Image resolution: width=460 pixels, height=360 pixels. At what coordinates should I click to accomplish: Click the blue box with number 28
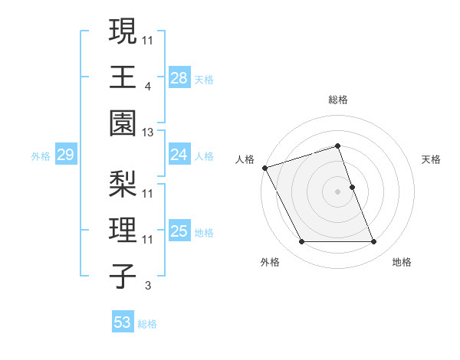pos(179,77)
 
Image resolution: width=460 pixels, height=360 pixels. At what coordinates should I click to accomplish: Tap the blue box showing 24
pos(179,155)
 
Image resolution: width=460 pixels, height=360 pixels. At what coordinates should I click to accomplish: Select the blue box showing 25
pos(179,231)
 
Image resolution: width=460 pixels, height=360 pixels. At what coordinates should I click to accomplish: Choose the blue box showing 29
pos(65,155)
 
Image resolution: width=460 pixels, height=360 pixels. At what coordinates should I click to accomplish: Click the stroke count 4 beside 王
pos(147,87)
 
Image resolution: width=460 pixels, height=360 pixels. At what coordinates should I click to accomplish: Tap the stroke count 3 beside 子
pos(147,286)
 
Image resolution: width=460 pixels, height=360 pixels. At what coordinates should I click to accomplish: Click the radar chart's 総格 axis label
pos(338,100)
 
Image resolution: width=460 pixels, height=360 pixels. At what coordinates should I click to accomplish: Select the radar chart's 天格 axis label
pos(432,159)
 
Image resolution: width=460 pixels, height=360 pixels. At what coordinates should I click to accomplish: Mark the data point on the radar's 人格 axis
pos(264,167)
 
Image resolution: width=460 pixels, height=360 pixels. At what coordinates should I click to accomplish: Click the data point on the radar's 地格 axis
pos(374,242)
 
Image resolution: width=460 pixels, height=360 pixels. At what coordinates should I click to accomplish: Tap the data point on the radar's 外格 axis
pos(301,242)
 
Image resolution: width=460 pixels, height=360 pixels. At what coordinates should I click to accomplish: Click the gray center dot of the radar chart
pos(338,191)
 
